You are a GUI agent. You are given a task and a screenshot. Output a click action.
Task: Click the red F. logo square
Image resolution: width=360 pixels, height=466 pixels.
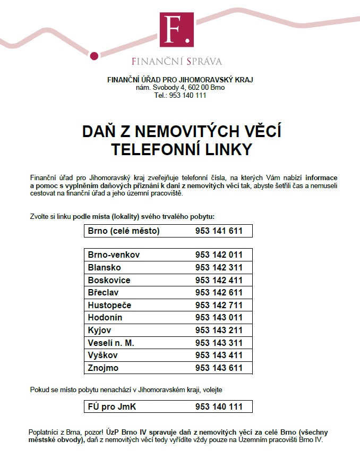[x=177, y=30]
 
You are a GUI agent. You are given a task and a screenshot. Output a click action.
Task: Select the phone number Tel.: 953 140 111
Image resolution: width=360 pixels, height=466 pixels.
[x=180, y=96]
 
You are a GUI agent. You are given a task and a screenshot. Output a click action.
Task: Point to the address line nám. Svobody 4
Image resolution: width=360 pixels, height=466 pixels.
[x=180, y=88]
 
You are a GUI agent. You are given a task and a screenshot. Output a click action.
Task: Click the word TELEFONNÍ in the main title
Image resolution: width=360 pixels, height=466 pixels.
[x=157, y=150]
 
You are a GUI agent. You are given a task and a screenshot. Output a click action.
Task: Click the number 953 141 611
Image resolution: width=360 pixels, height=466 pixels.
[x=219, y=231]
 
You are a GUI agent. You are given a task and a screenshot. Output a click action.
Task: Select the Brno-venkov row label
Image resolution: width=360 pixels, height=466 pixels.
[x=114, y=255]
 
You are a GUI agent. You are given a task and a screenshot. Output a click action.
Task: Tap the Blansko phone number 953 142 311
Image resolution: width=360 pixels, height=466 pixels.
[x=219, y=268]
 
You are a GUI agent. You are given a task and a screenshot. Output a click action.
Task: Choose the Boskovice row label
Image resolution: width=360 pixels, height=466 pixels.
[x=109, y=280]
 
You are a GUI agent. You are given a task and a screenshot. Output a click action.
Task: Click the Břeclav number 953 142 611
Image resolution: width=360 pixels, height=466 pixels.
[x=219, y=293]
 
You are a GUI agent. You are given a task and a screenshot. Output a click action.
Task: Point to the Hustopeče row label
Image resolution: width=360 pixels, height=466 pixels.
[x=109, y=306]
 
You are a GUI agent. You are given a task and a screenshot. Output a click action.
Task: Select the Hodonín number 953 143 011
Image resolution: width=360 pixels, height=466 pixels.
[x=219, y=318]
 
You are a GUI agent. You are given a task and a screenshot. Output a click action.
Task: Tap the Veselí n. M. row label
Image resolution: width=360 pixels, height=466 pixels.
[x=111, y=343]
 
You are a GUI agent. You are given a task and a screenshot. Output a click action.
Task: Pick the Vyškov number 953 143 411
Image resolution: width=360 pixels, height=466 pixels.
[x=219, y=355]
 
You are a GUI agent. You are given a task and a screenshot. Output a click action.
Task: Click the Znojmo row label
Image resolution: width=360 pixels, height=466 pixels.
[x=103, y=368]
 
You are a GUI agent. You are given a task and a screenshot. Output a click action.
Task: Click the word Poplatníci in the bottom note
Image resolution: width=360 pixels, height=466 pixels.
[x=44, y=432]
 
